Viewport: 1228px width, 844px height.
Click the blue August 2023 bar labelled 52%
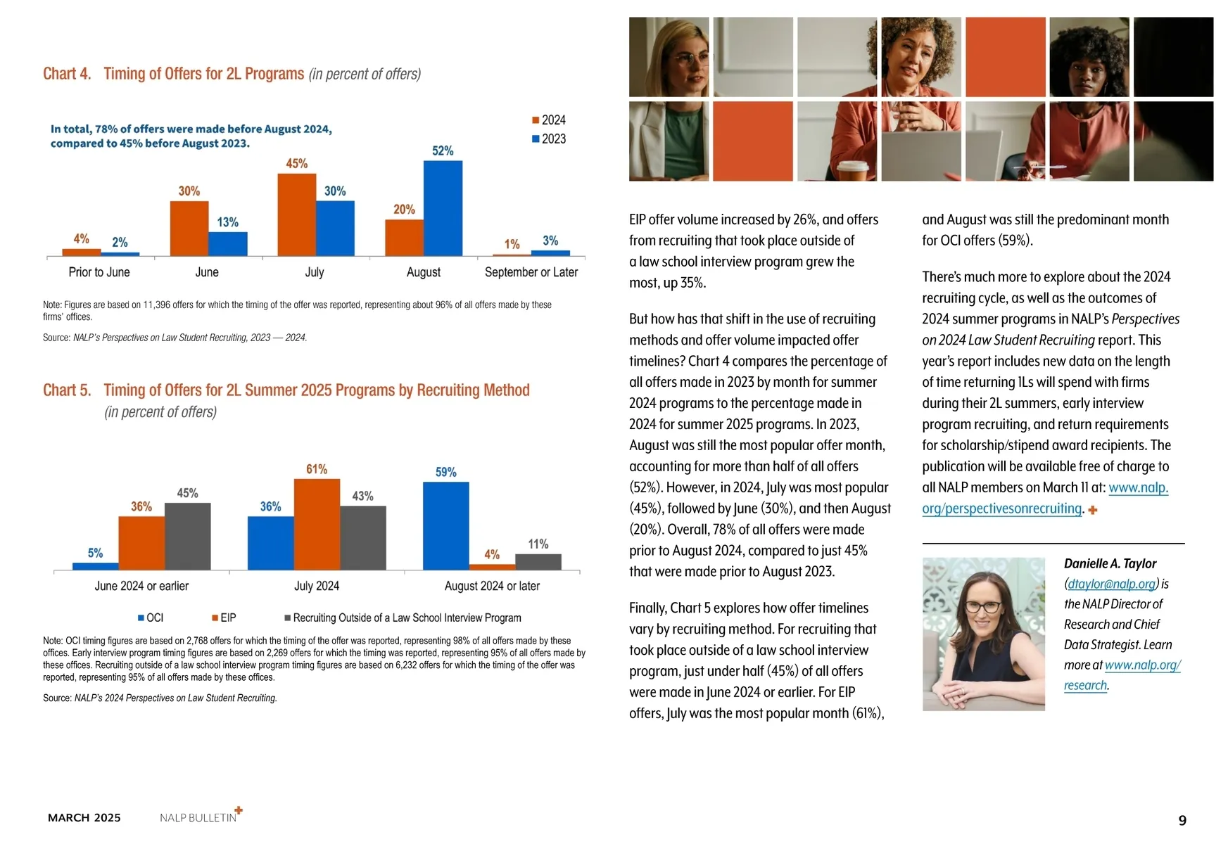click(443, 208)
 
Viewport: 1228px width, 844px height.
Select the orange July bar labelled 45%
click(296, 215)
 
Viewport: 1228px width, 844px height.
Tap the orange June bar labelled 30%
click(189, 229)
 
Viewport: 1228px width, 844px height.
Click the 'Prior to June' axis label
click(99, 272)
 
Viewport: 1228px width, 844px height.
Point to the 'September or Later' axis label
click(531, 272)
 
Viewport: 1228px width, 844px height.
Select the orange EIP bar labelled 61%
click(317, 524)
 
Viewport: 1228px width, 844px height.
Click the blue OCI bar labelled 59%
click(445, 525)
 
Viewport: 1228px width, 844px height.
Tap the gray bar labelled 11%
click(538, 561)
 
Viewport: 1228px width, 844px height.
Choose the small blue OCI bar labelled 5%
click(96, 566)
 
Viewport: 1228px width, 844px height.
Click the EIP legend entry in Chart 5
click(224, 618)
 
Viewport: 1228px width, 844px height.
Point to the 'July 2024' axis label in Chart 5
click(317, 586)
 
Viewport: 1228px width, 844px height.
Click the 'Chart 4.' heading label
click(67, 74)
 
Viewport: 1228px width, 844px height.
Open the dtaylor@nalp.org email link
click(1111, 584)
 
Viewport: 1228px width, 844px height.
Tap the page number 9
click(1182, 820)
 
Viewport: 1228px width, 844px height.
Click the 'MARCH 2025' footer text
click(84, 817)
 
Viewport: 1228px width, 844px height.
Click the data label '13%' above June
click(227, 222)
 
